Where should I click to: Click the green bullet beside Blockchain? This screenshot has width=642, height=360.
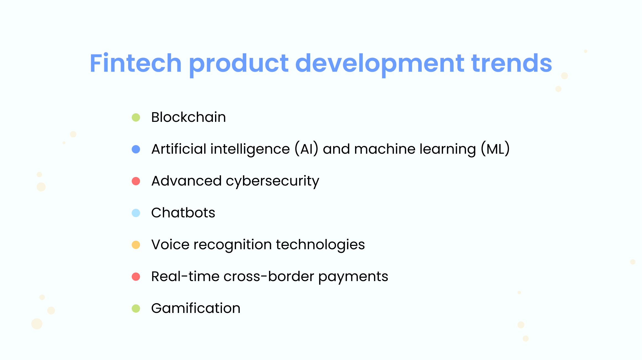point(136,117)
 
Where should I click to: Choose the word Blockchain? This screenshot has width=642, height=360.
point(188,117)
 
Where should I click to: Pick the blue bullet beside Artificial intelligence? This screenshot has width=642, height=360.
point(136,149)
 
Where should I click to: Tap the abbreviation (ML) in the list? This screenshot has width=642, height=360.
point(495,149)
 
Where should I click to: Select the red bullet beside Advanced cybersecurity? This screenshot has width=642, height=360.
point(136,181)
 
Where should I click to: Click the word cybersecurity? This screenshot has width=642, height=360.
point(272,181)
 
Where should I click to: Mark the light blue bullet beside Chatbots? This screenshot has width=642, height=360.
point(136,213)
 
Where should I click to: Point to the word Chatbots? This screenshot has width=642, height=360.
point(183,213)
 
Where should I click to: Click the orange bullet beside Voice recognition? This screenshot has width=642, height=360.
point(136,245)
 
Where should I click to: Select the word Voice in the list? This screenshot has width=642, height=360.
point(170,245)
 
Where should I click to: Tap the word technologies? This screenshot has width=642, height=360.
point(320,245)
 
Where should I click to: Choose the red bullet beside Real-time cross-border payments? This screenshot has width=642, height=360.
point(136,277)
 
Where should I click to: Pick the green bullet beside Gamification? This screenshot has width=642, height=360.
point(136,308)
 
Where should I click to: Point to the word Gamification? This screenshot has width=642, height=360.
point(196,308)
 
